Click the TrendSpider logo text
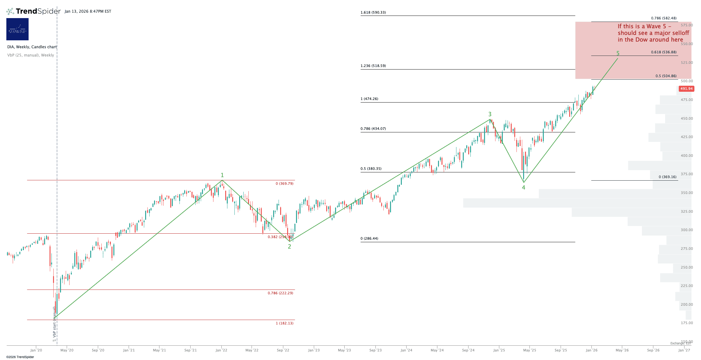pos(38,11)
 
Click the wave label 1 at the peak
pos(222,175)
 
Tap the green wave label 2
pos(289,247)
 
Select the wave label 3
pos(490,114)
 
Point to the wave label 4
pos(523,188)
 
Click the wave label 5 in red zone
pos(618,53)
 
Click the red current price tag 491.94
pos(686,89)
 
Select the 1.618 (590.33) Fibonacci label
pos(373,13)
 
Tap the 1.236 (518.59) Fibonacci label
pos(373,66)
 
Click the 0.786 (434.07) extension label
pos(373,129)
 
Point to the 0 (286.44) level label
pos(369,239)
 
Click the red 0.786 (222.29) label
pos(280,293)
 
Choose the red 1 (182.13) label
pos(285,323)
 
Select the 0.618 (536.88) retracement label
pos(664,52)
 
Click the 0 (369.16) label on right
pos(667,177)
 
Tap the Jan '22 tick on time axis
pos(221,350)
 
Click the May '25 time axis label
pos(529,350)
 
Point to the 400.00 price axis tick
pos(687,156)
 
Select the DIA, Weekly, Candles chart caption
pos(32,47)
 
